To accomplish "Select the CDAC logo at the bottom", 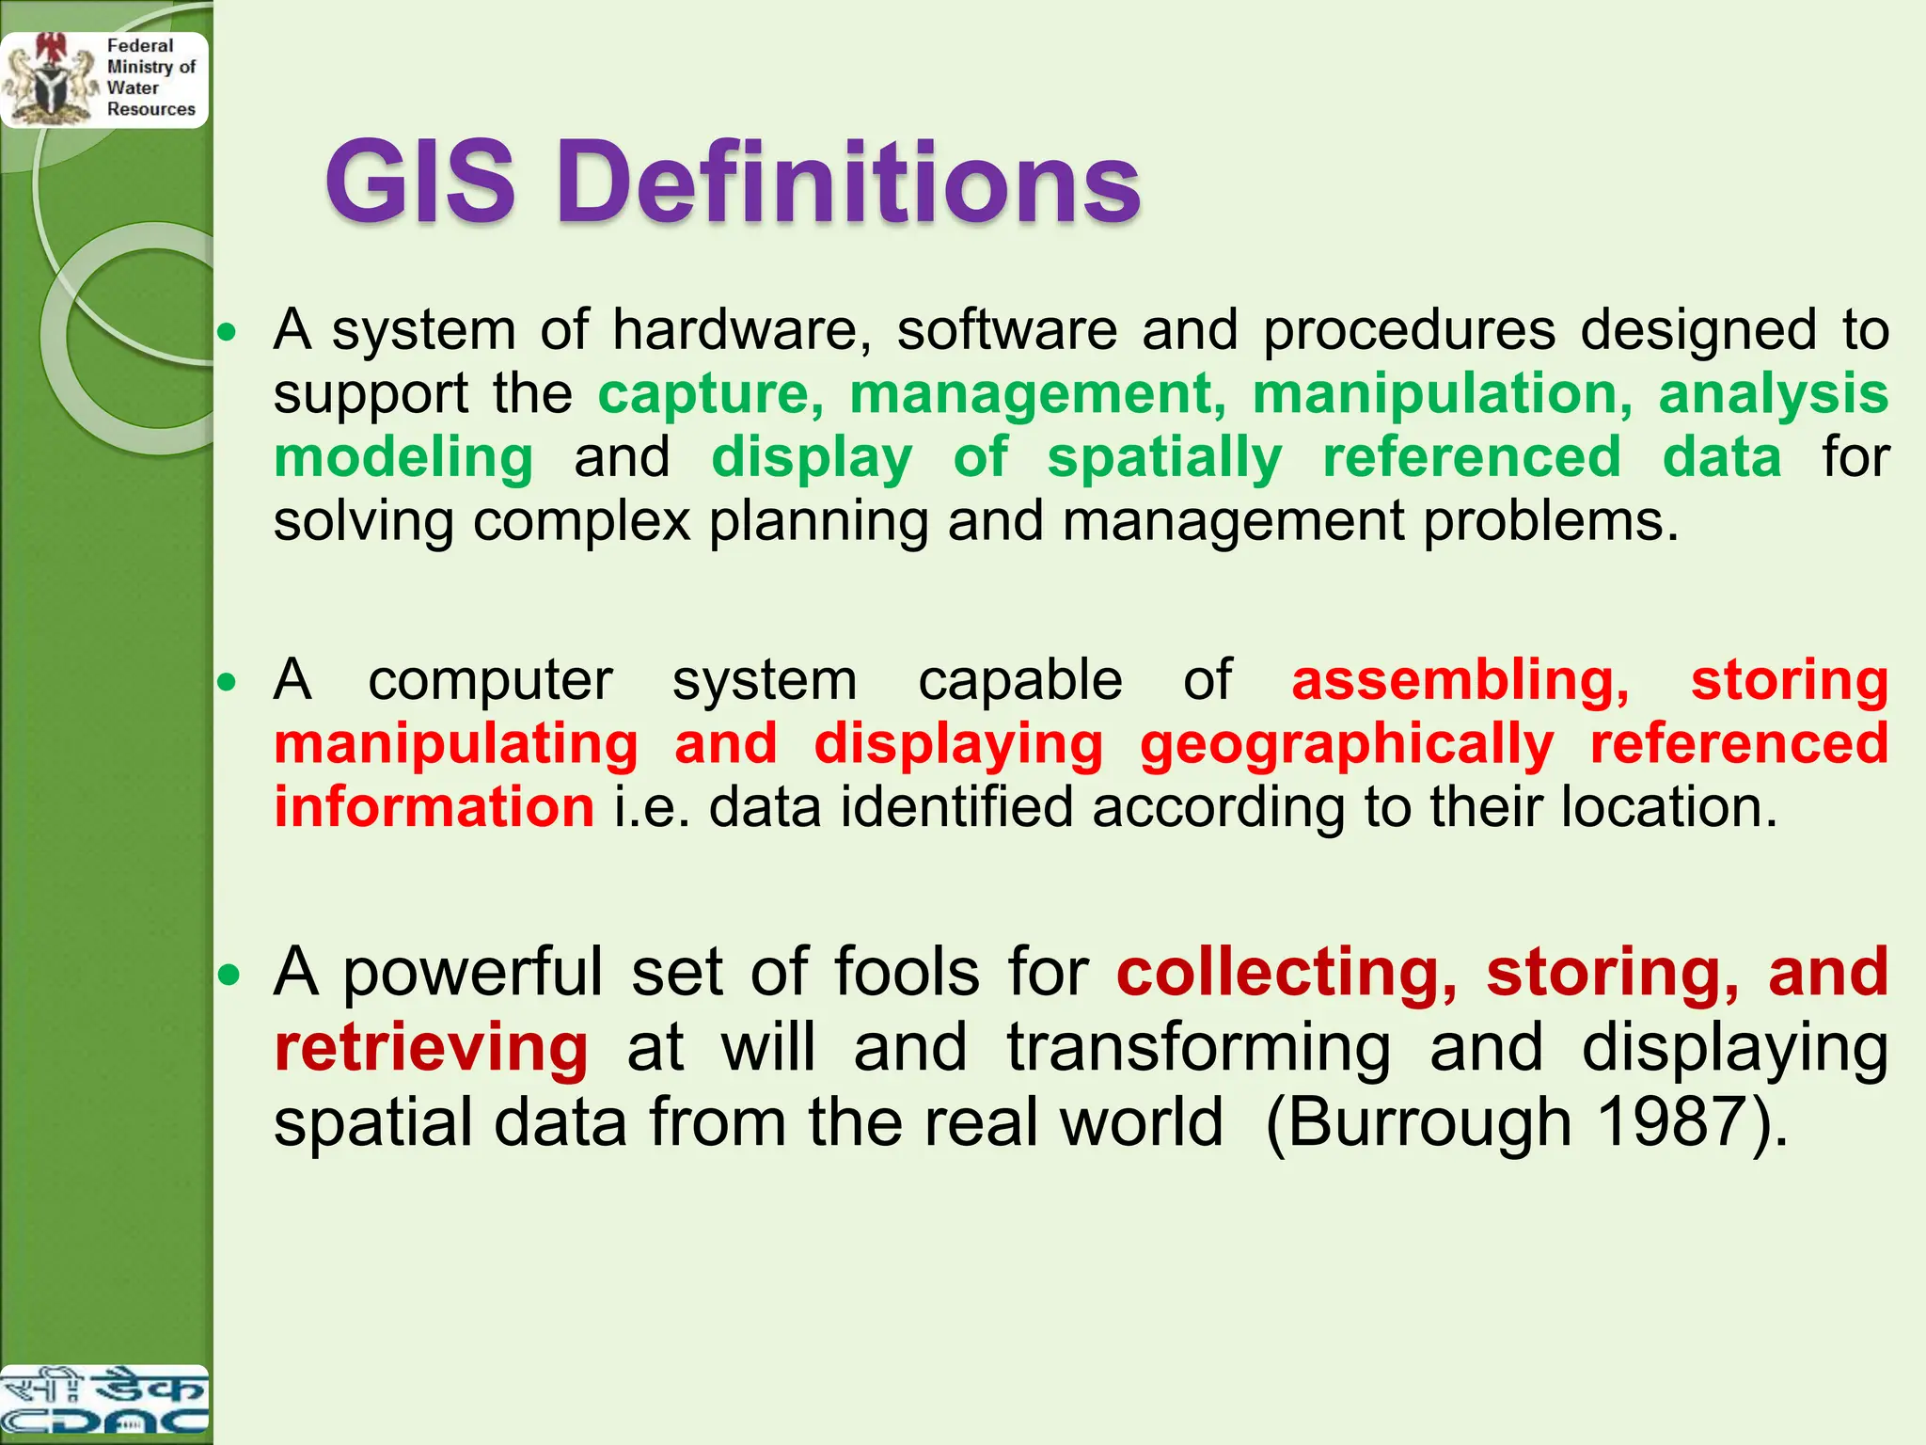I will (103, 1402).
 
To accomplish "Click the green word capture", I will (711, 393).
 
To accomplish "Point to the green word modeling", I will (403, 458).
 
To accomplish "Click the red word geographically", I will (1346, 745).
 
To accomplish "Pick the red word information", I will (434, 808).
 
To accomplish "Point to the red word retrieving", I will (431, 1048).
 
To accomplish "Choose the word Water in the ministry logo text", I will (133, 87).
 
